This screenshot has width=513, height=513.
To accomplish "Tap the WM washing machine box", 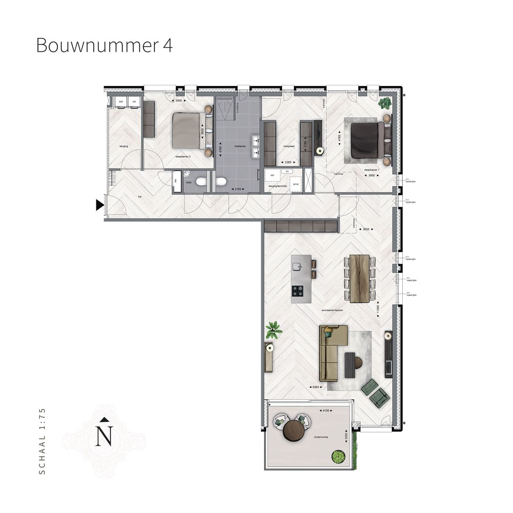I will coord(121,102).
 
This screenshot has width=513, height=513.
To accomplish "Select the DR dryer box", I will coord(134,102).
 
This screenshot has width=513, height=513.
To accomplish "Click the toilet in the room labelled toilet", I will coord(201,181).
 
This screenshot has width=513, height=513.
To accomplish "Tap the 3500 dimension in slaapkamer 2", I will coord(179,101).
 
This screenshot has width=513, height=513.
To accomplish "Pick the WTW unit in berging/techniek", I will coord(295,184).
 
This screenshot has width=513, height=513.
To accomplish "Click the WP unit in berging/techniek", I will coord(272,175).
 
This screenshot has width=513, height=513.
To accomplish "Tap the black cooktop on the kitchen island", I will coord(298,289).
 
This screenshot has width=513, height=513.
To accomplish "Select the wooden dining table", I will coord(359,278).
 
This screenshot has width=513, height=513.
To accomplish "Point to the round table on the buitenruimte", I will coord(293,431).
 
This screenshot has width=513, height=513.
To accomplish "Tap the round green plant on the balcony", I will coord(338,457).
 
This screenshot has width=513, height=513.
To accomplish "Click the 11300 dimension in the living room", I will coord(377,311).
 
